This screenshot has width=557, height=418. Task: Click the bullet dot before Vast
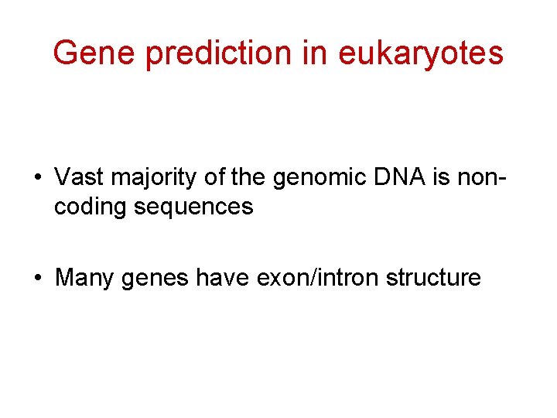[x=37, y=177]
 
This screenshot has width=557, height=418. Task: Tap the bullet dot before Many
[x=37, y=278]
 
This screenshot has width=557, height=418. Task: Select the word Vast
[x=80, y=176]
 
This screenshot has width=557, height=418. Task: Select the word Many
[x=85, y=278]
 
